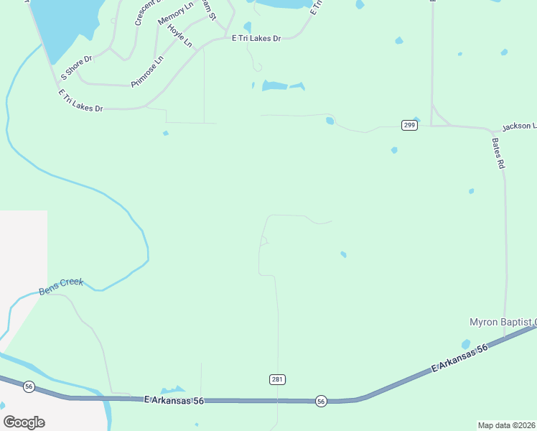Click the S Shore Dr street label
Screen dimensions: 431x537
point(78,66)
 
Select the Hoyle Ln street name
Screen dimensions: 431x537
point(180,36)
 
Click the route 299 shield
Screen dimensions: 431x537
point(409,125)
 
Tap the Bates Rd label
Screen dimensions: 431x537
point(498,152)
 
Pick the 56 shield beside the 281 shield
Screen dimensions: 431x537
point(321,401)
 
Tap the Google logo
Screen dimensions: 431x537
point(24,422)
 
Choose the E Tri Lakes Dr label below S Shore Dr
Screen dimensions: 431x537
point(80,101)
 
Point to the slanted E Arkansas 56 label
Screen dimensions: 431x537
point(459,358)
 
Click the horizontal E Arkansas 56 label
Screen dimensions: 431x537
point(174,400)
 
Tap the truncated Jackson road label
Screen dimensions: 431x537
point(518,126)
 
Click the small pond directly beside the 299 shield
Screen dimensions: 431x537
point(416,119)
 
